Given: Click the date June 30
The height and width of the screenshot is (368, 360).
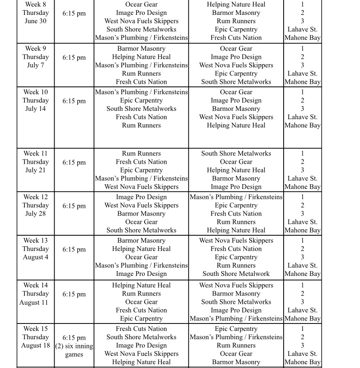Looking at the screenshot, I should point(35,21).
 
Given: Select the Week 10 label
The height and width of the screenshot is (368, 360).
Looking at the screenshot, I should point(35,92).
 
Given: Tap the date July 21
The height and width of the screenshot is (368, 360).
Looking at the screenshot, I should point(35,170).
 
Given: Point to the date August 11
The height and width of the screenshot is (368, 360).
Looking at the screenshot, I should point(34,303).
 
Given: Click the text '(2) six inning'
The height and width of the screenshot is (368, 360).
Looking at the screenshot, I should point(74,346).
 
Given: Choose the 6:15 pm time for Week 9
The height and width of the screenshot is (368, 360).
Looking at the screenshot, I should point(74,57).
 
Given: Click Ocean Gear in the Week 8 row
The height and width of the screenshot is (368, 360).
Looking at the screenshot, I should point(141,4).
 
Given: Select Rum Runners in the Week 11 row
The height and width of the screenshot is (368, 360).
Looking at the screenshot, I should point(141,154).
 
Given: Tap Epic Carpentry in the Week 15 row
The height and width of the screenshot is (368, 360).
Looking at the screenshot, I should point(236,329).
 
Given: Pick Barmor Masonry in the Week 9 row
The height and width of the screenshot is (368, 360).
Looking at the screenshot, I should point(141,48).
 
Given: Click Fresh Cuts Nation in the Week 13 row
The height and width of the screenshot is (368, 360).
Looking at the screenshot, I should point(236,249).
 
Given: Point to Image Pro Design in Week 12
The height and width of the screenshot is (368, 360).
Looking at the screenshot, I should point(141,197).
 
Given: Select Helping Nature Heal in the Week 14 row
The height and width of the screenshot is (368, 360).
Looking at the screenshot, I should point(141,285).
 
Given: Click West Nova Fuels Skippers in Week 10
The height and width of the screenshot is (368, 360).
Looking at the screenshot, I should point(236,117).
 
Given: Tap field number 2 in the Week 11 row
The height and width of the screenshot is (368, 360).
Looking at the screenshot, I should point(302,162).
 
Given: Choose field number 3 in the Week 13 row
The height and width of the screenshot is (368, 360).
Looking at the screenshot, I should point(302,257).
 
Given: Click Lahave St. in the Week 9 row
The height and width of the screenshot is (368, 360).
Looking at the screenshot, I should point(302,73).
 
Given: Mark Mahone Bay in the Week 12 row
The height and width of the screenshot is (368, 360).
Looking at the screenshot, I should point(302,230).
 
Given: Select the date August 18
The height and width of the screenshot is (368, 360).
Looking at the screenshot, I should point(35,346).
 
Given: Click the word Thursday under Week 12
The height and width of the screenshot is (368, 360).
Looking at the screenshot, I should point(35,205).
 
